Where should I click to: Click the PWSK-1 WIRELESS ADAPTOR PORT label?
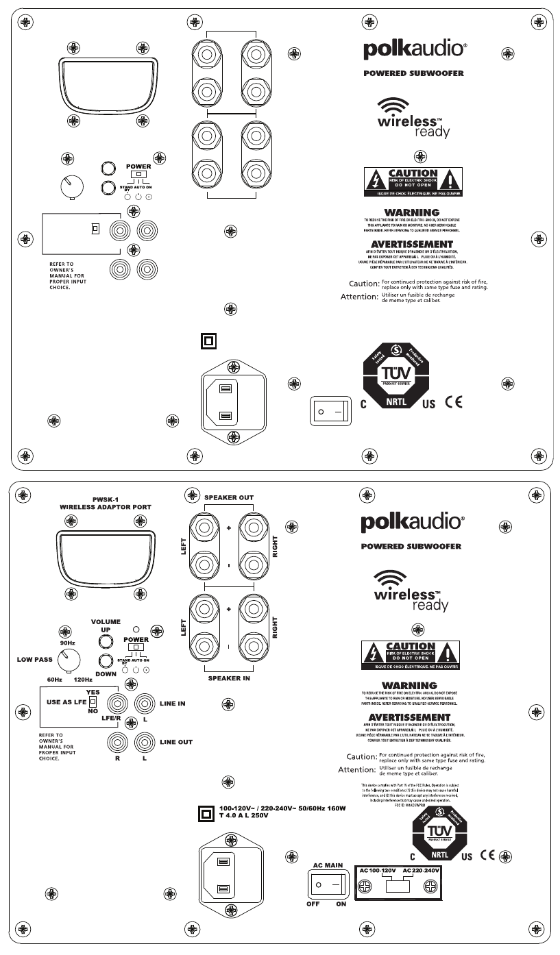tap(105, 503)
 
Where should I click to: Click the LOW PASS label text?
tap(34, 660)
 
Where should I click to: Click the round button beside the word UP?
tap(106, 641)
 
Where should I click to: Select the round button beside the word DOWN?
tap(106, 661)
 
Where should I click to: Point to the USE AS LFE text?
tap(66, 703)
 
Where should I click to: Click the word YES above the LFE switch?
tap(93, 693)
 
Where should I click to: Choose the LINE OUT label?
tap(175, 742)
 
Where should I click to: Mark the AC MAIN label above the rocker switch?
tap(328, 865)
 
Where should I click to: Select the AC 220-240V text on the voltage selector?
tap(420, 869)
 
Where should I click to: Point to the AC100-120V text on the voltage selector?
tap(379, 869)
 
